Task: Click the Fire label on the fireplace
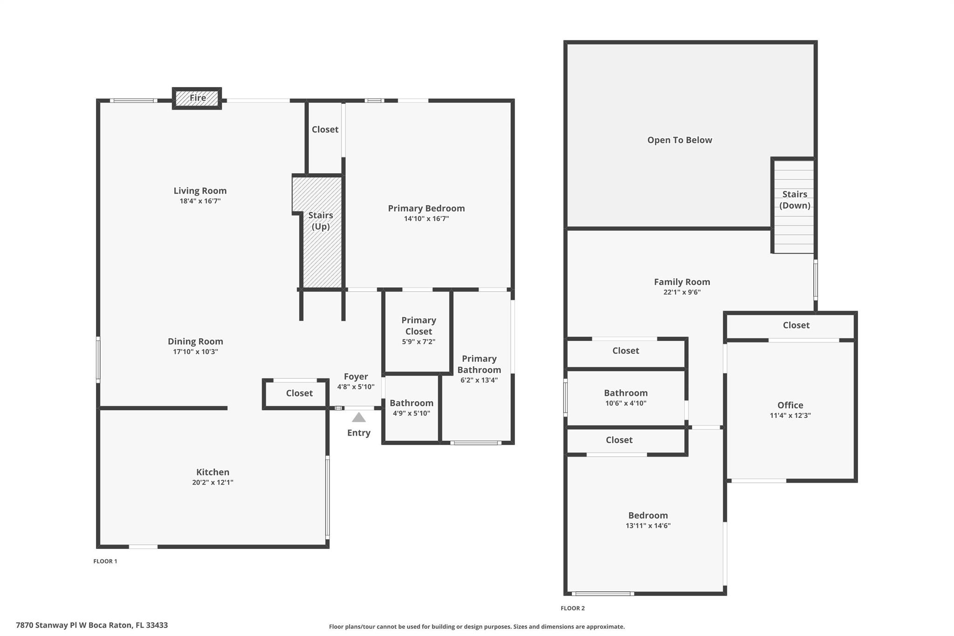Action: point(198,98)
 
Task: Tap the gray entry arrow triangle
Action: point(359,417)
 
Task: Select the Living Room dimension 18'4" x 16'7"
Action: point(200,201)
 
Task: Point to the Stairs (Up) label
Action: point(320,221)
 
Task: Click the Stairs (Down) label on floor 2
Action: point(795,200)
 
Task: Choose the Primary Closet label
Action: point(419,326)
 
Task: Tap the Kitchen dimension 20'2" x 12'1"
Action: point(213,482)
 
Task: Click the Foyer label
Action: point(356,376)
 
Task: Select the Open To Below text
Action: point(680,140)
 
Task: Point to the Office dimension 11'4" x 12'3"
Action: point(790,416)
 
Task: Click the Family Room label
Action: point(682,282)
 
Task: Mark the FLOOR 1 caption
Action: point(105,561)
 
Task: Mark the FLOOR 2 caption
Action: point(572,609)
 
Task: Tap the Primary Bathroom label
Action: point(479,364)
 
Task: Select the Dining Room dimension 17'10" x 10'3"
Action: point(196,352)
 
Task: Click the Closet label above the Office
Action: point(796,325)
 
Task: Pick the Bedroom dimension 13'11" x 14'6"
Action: point(648,526)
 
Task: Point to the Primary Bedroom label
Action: point(426,208)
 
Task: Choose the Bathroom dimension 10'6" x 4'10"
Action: point(626,403)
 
